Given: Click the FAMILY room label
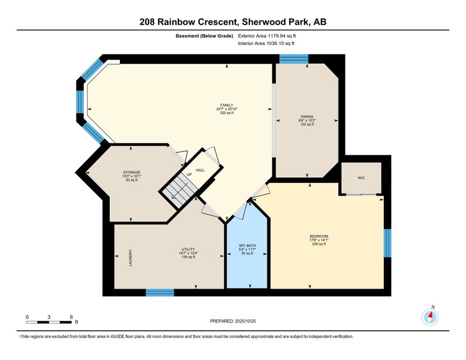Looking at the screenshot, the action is click(227, 105).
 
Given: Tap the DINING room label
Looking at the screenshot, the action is click(307, 116).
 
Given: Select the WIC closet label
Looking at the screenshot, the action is click(361, 178).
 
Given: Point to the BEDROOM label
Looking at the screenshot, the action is click(319, 236).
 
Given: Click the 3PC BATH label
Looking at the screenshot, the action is click(247, 246).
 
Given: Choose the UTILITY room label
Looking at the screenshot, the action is click(188, 249).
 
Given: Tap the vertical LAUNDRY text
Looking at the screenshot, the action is click(130, 258).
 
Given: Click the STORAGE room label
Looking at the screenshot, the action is click(132, 172).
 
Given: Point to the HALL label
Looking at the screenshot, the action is click(200, 170).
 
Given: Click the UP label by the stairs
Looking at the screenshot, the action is click(189, 174).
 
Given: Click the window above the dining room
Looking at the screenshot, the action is click(294, 59).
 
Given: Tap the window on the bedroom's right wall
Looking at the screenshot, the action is click(387, 243).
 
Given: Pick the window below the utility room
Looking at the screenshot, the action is click(160, 292).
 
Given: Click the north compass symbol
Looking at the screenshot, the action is click(431, 317).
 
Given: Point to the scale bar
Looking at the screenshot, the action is click(49, 322).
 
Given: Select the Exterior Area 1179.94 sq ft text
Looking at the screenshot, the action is click(267, 36).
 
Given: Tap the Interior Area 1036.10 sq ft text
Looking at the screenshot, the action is click(266, 43).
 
